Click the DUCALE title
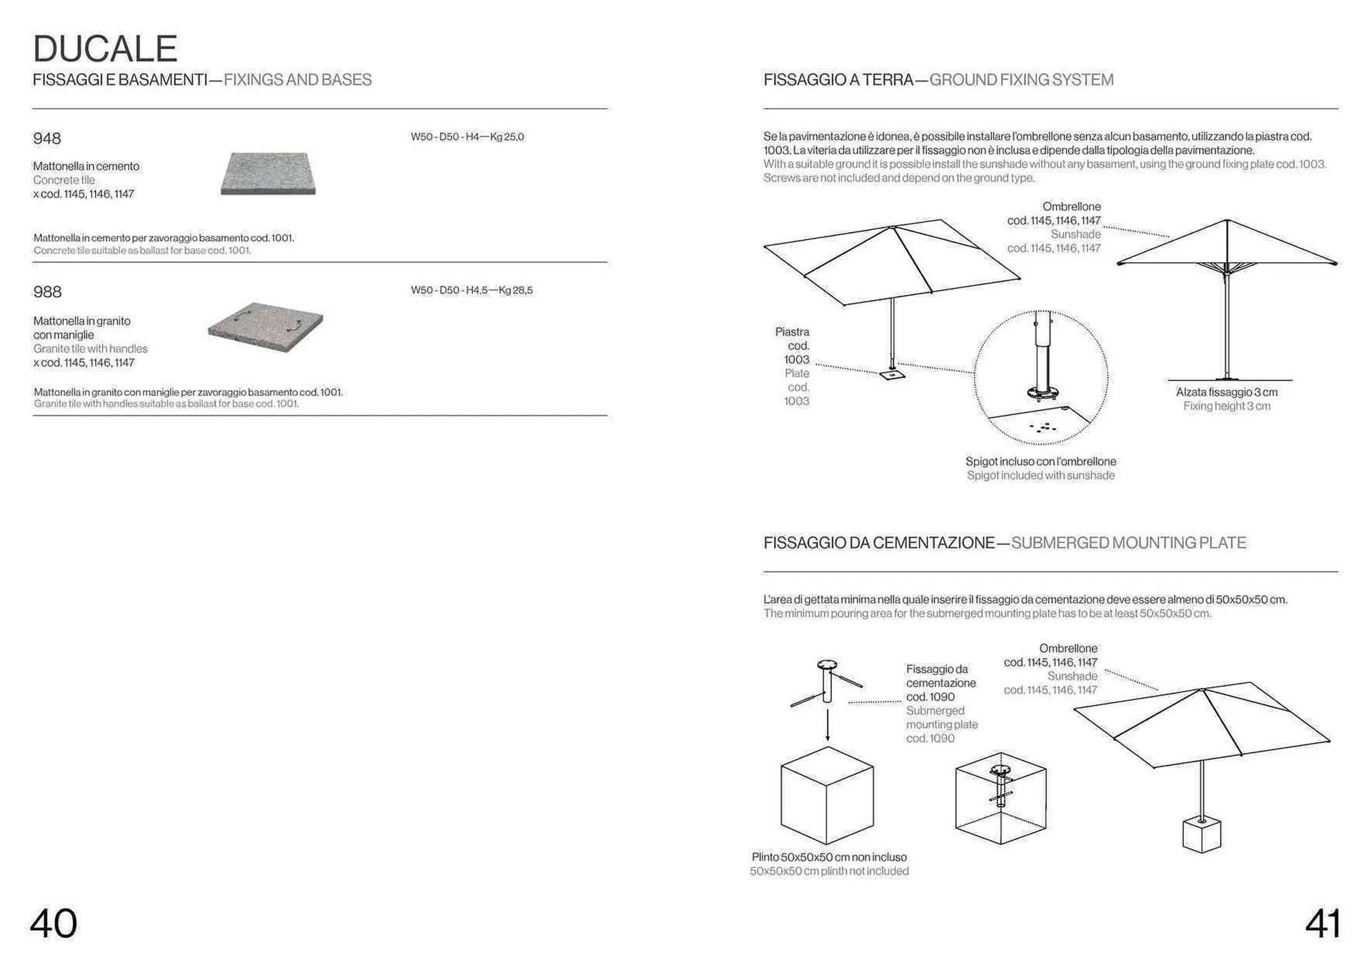coord(105,49)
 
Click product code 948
coord(47,139)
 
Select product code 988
coord(47,292)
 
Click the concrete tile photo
coord(268,174)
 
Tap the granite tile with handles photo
coord(266,327)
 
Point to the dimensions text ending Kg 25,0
coord(467,136)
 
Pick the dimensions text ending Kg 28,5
coord(471,290)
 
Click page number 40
coord(54,923)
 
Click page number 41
coord(1322,923)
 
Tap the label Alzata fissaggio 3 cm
coord(1226,392)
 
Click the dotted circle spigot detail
coord(1040,377)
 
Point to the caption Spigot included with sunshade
coord(1040,476)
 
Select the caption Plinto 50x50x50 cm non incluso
coord(829,857)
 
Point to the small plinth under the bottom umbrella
coord(1202,835)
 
